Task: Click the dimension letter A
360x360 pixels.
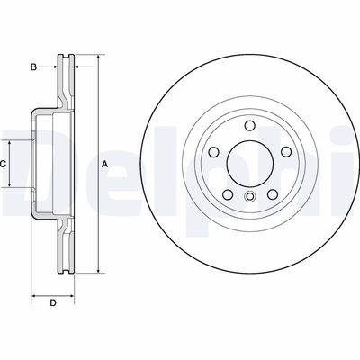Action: coord(104,164)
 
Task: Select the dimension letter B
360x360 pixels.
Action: coord(33,67)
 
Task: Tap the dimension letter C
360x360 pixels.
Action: coord(4,164)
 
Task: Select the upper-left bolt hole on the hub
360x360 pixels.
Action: coord(213,152)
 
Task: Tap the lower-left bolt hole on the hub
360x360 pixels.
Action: coord(227,193)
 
